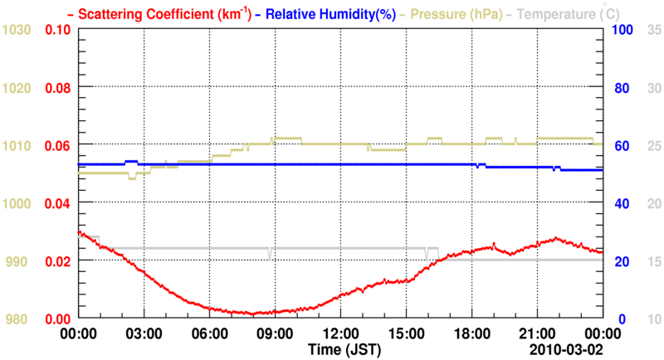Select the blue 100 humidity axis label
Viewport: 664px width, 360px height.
click(x=623, y=30)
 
